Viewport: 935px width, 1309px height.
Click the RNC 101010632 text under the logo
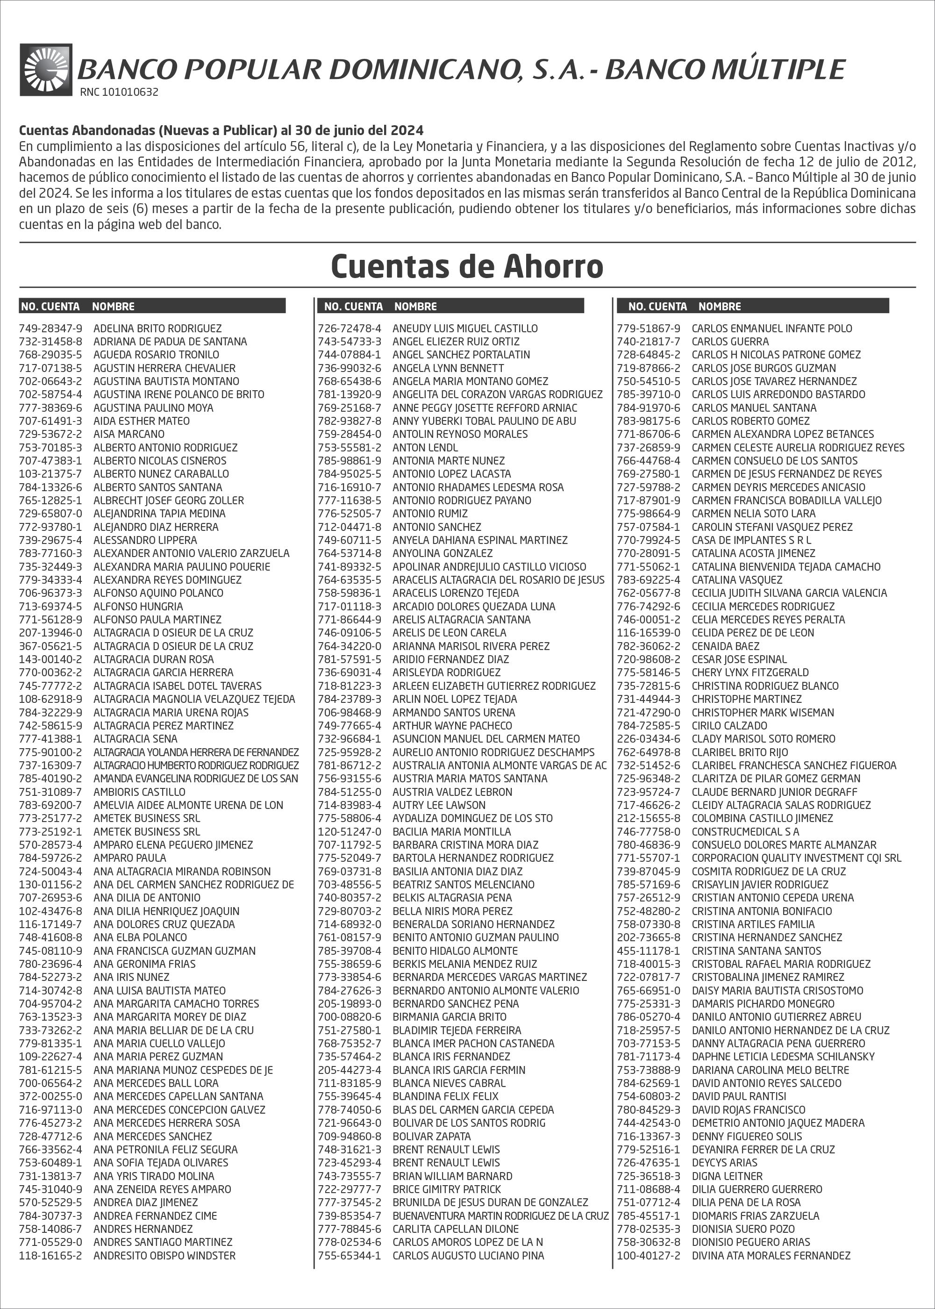[x=119, y=92]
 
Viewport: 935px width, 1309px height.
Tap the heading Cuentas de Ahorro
[x=467, y=266]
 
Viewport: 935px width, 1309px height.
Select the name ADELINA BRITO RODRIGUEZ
[x=157, y=328]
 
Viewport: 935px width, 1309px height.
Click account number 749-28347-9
[x=50, y=328]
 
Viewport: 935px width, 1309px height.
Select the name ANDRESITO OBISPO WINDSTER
[x=164, y=1255]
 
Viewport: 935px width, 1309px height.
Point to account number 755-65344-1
[x=350, y=1255]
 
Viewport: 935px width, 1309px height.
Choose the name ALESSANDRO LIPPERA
[x=145, y=540]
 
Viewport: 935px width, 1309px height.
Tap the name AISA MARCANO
[x=129, y=434]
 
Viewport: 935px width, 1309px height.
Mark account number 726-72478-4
[x=350, y=328]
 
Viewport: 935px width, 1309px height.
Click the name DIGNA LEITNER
[x=727, y=1176]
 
